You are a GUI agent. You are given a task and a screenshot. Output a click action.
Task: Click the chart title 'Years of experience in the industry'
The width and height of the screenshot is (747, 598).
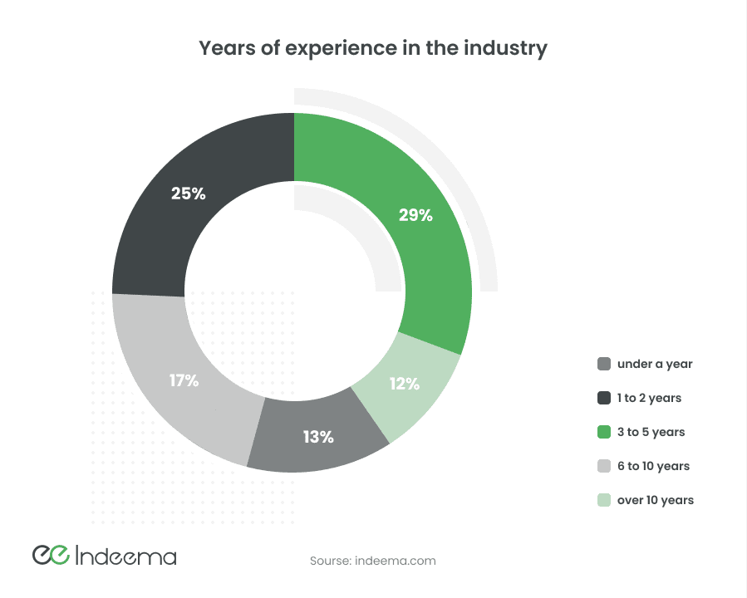(x=373, y=48)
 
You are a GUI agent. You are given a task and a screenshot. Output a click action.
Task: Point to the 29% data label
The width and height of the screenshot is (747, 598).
(x=415, y=215)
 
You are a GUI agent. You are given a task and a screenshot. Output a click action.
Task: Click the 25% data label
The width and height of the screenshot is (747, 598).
(x=188, y=194)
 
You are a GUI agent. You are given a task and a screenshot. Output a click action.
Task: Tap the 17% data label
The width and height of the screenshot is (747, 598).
(x=184, y=380)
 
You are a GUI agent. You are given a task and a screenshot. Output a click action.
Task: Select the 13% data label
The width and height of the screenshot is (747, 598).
(x=317, y=436)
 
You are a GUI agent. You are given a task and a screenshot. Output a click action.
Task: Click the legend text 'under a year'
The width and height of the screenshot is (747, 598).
(x=655, y=364)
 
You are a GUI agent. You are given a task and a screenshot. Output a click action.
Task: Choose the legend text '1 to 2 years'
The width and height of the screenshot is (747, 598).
(x=649, y=398)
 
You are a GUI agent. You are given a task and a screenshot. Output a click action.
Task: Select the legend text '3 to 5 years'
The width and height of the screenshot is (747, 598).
(x=651, y=432)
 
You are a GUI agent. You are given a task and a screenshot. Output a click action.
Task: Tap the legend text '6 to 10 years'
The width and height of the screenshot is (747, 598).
(x=653, y=466)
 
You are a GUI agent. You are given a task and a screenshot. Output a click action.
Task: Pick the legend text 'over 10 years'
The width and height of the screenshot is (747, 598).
(x=655, y=500)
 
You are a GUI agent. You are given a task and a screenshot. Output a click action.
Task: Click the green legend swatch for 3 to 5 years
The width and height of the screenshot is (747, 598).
(x=604, y=432)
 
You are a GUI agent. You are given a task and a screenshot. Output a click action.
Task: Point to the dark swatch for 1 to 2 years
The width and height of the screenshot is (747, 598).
(x=604, y=398)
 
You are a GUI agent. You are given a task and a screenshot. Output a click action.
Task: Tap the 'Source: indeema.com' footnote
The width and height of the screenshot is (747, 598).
(x=372, y=561)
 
